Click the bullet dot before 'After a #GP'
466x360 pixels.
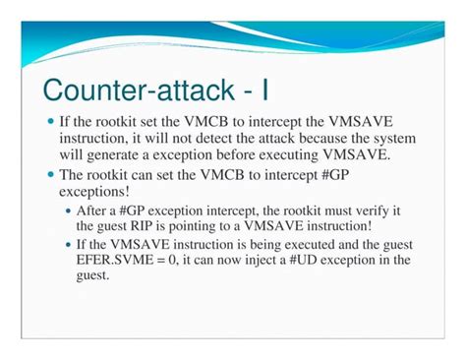click(68, 209)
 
